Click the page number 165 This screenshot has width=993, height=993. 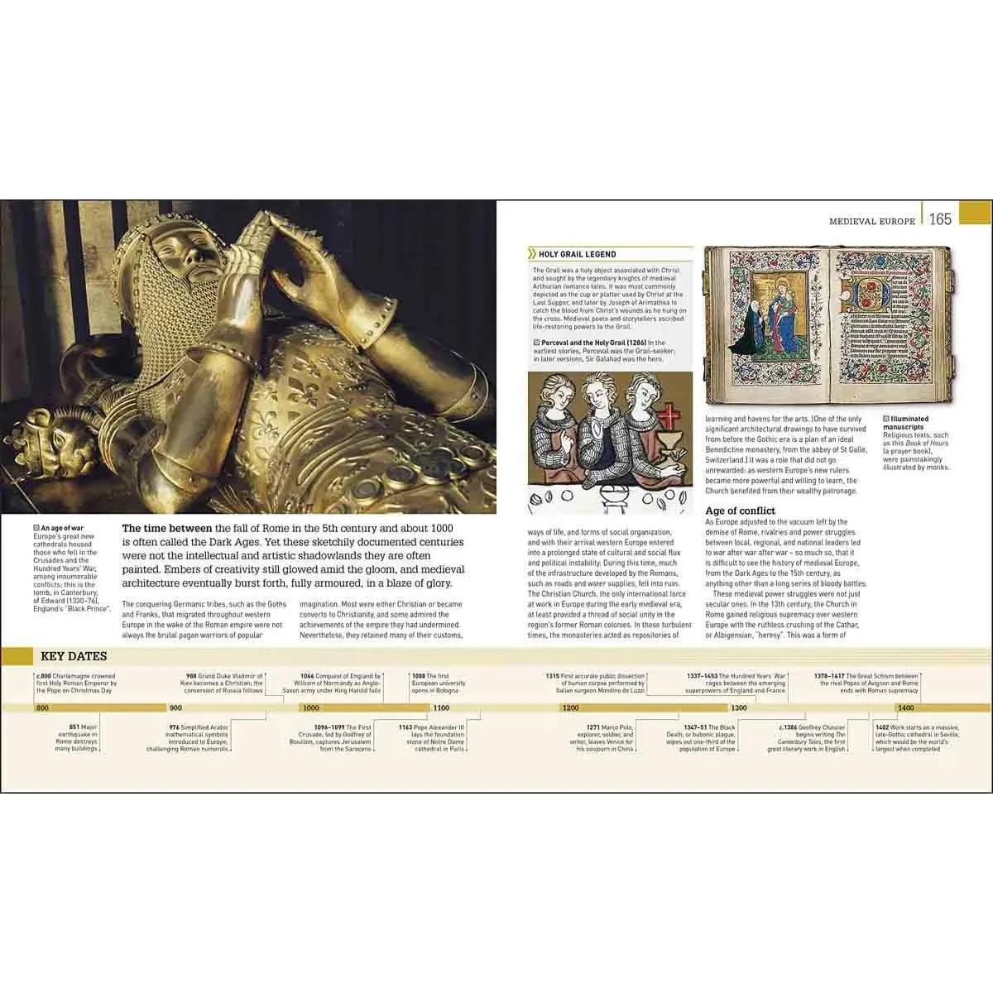pos(941,220)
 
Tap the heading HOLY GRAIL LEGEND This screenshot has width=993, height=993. pos(577,254)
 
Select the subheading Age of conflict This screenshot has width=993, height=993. pos(740,511)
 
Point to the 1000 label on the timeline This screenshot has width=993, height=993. pos(311,708)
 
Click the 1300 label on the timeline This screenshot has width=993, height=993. pos(738,708)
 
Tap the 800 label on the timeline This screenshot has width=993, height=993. pos(42,708)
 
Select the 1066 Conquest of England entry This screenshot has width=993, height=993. pos(341,683)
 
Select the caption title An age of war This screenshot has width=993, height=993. pos(65,528)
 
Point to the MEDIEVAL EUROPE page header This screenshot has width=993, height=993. pos(872,221)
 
